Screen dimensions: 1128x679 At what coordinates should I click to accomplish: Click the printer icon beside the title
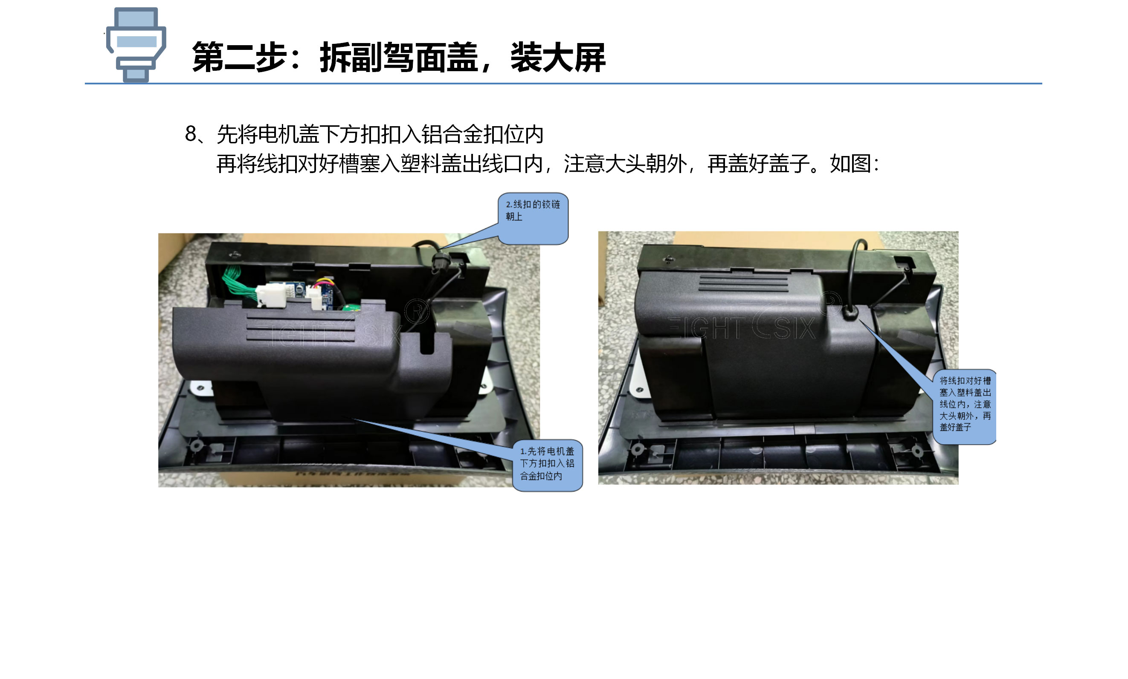tap(136, 44)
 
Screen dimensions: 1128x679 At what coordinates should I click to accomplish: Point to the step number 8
tap(191, 134)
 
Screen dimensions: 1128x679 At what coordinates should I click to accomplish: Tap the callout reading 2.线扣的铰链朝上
tap(533, 219)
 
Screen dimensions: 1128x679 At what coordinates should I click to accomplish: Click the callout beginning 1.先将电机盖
tap(547, 465)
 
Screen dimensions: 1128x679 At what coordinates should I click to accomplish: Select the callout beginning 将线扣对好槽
tap(965, 407)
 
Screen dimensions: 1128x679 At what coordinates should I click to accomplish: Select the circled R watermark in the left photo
tap(417, 312)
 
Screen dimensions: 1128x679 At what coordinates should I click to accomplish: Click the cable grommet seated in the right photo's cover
tap(850, 313)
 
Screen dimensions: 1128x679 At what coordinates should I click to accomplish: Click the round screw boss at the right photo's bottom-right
tap(917, 451)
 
